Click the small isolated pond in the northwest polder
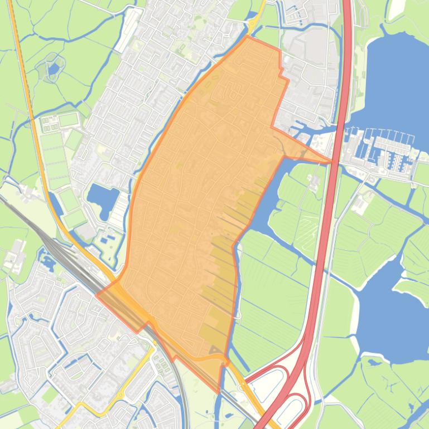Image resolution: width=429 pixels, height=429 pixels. tap(54, 69)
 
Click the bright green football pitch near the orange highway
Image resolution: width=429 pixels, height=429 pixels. tap(68, 119)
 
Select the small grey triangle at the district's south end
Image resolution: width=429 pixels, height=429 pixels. tap(214, 350)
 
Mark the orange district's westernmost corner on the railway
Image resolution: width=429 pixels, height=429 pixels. tap(99, 295)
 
